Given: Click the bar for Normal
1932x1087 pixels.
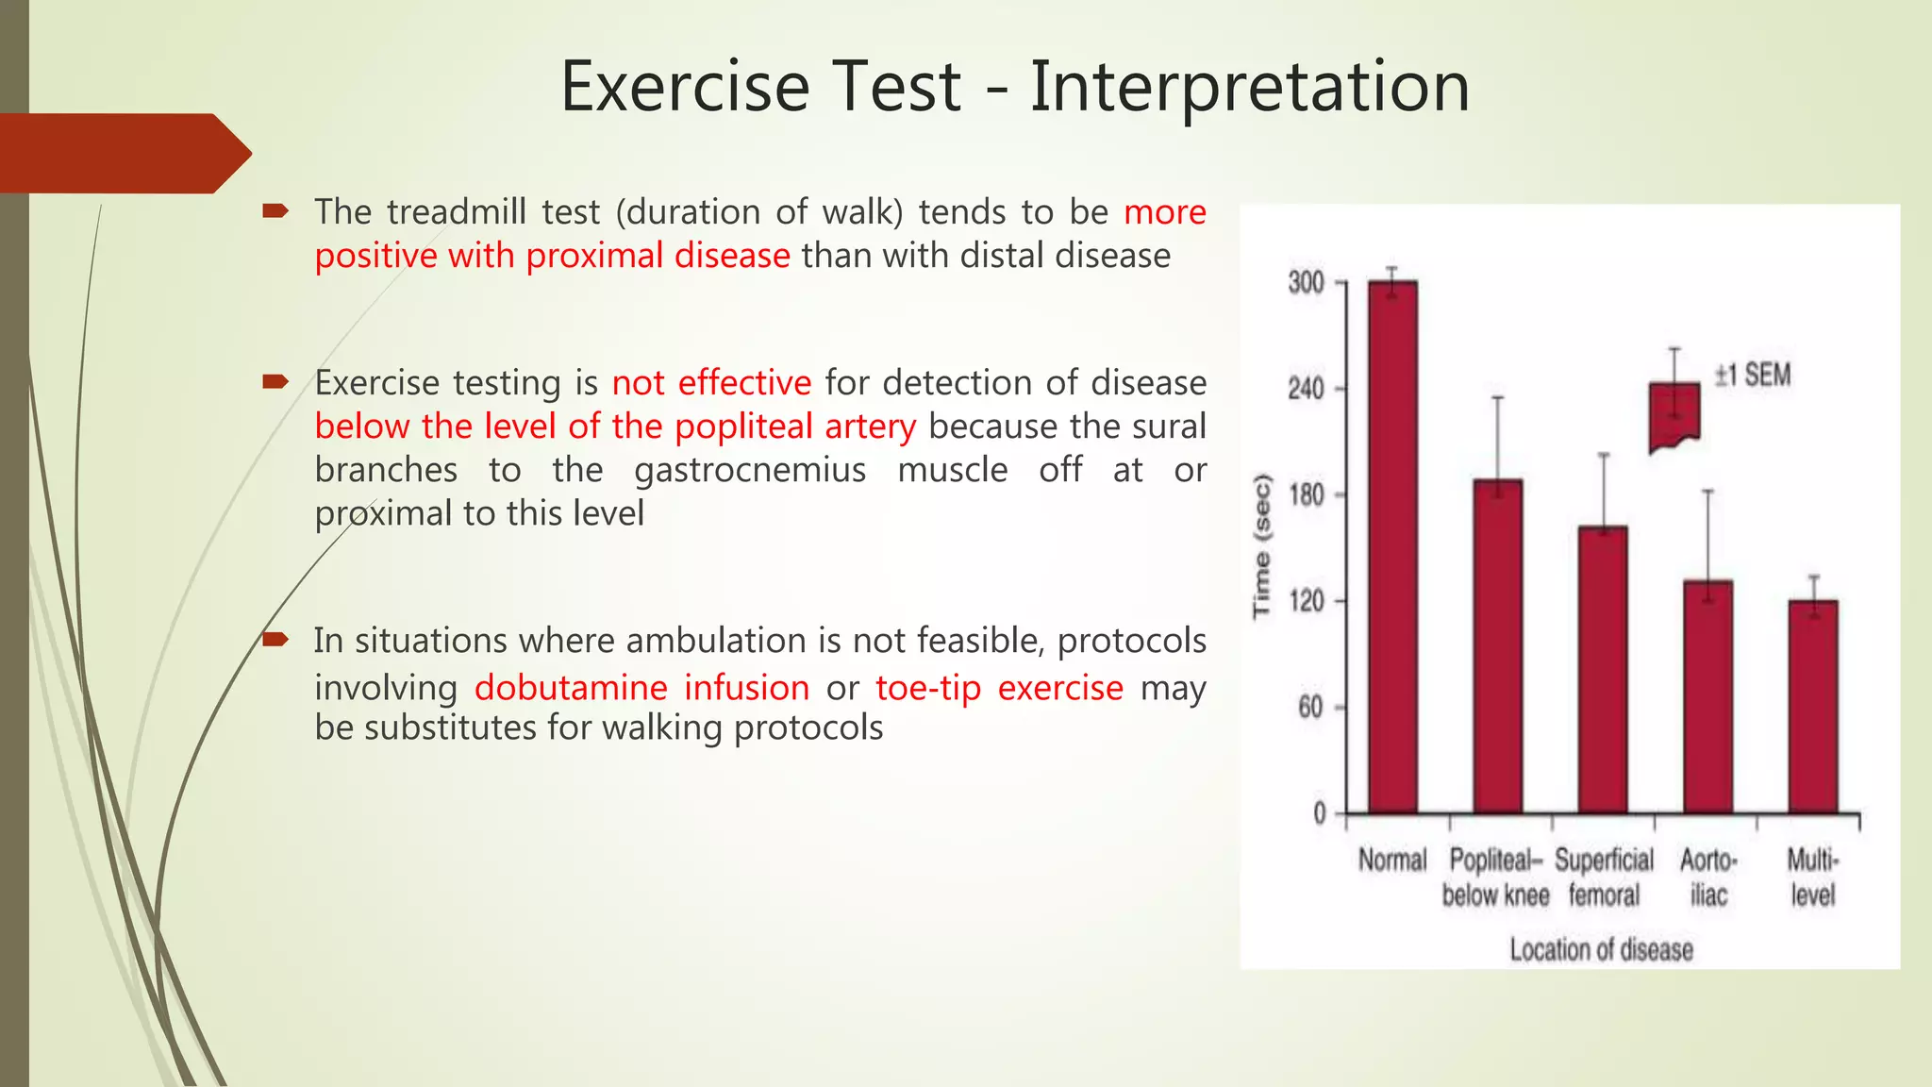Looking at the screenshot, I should click(1392, 547).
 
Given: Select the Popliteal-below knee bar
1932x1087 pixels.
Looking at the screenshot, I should click(1497, 646).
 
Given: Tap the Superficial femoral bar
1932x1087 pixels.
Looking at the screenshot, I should click(1602, 670).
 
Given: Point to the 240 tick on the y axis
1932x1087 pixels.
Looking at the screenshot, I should click(1307, 389).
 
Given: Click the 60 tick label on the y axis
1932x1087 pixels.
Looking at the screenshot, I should click(1310, 708).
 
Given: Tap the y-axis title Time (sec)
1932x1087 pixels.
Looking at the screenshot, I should click(1262, 547).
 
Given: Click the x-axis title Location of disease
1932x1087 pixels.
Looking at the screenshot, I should click(1601, 949).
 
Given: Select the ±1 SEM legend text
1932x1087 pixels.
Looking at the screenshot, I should click(1752, 376).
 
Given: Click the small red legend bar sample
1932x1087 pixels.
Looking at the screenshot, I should click(1674, 415).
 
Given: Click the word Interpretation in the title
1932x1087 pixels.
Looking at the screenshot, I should click(1249, 87).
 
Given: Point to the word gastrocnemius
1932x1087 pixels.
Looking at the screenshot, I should click(750, 470).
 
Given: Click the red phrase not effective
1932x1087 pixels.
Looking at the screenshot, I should click(711, 383).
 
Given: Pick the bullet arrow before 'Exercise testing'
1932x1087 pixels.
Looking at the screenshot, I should click(275, 382).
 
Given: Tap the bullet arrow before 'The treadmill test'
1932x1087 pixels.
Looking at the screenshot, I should click(275, 211).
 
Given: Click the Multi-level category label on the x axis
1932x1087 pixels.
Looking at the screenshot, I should click(1812, 878).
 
